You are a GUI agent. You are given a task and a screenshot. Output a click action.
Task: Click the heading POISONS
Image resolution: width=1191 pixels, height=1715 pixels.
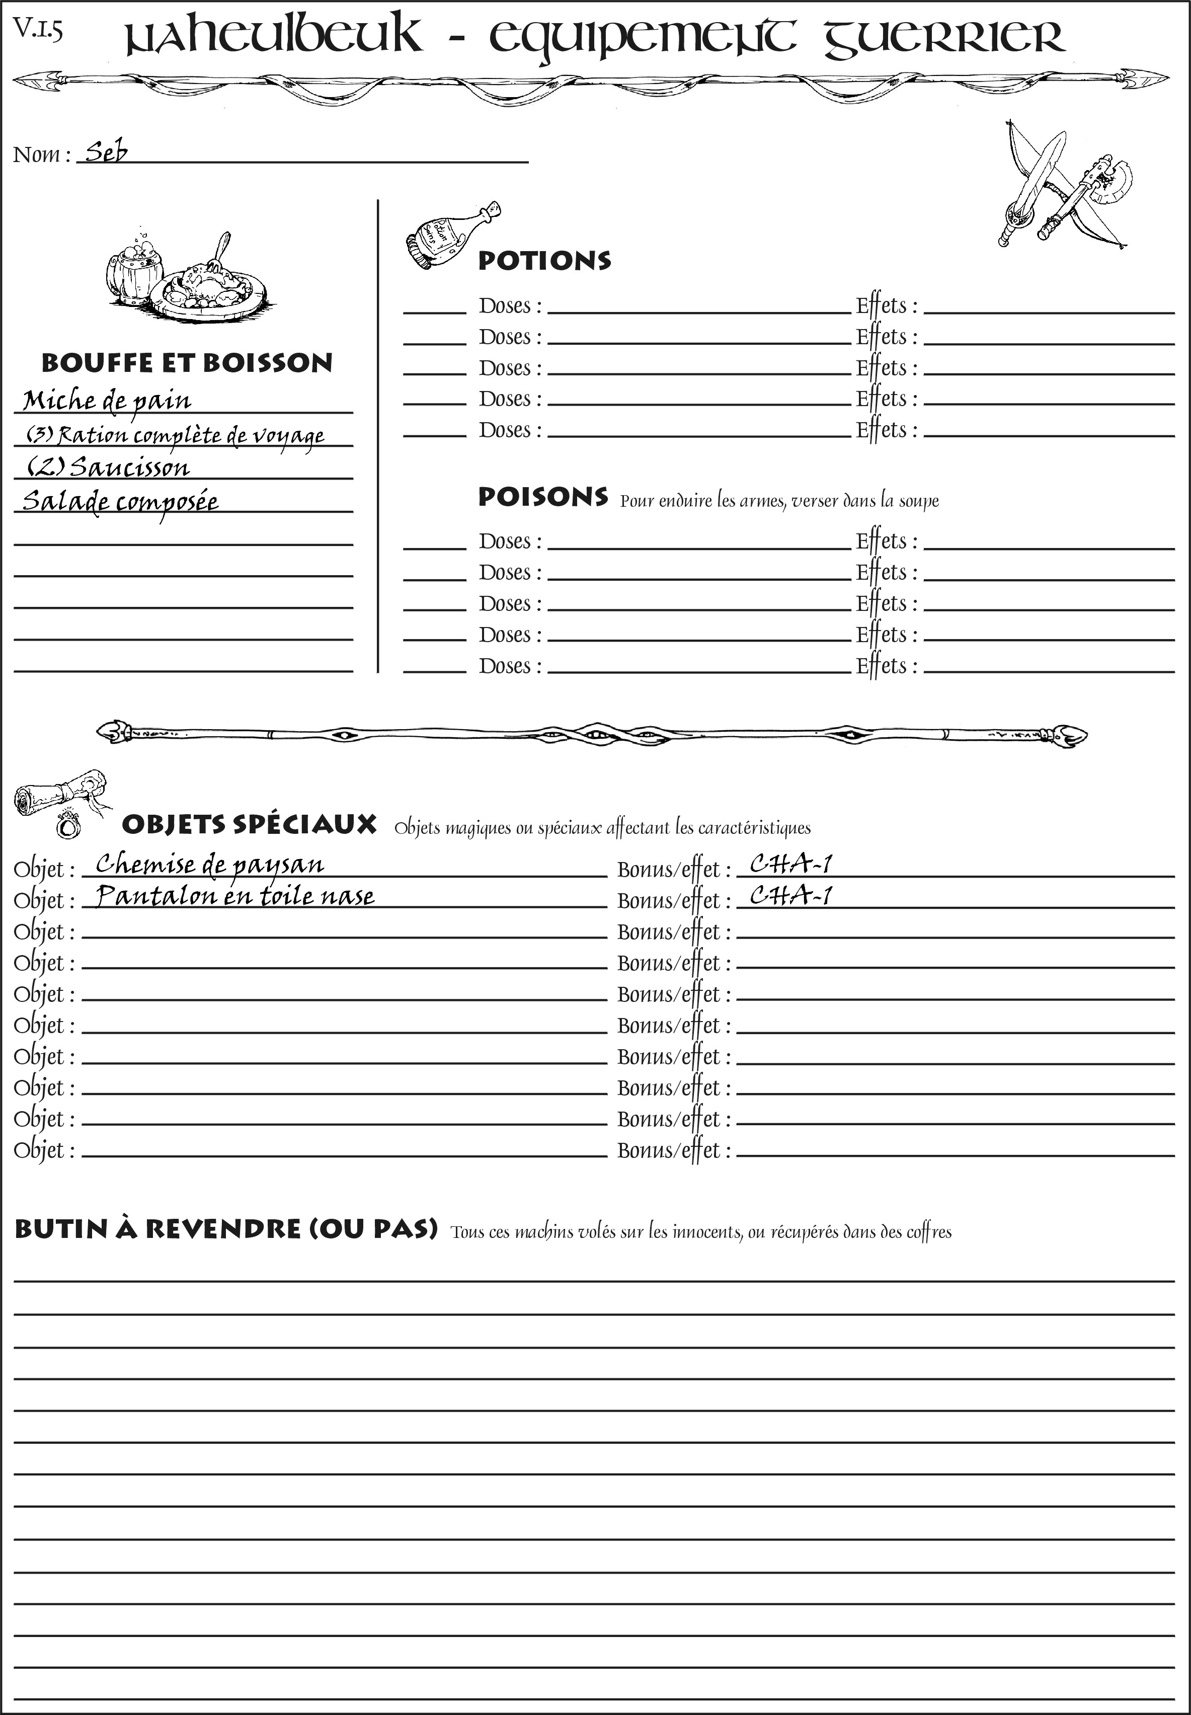[x=542, y=497]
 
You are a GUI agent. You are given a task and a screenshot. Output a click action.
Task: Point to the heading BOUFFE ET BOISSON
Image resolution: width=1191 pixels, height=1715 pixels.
[x=187, y=363]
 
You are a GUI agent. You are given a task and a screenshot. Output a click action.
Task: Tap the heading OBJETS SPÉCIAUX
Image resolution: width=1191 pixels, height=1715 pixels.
[x=249, y=825]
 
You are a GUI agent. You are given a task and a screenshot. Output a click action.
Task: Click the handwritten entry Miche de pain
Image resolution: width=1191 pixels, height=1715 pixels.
[x=107, y=401]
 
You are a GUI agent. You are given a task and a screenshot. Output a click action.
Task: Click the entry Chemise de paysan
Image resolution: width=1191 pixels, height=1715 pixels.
[x=210, y=864]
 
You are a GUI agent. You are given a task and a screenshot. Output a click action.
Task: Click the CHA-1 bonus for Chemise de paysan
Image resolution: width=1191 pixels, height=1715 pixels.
[x=790, y=864]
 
